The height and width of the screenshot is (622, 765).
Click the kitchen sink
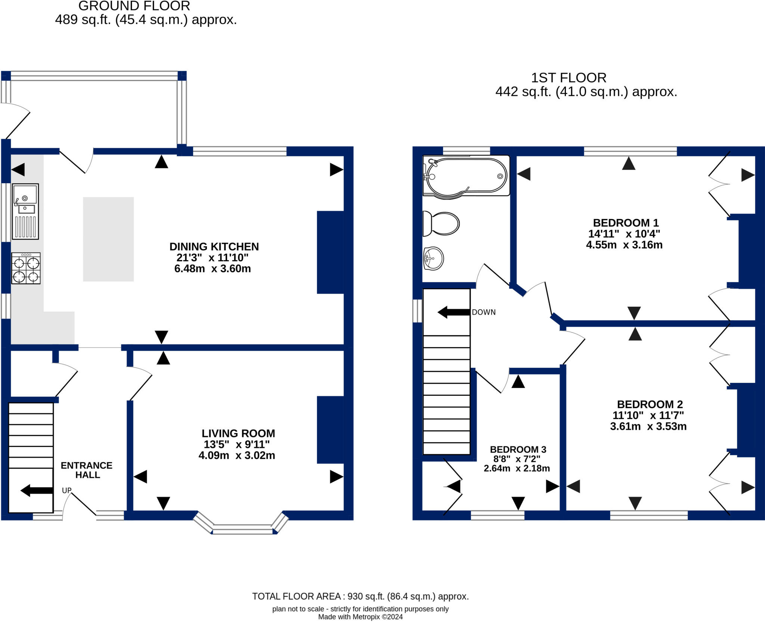point(25,211)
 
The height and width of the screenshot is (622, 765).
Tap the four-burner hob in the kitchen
point(26,268)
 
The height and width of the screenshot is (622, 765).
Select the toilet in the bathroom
point(441,224)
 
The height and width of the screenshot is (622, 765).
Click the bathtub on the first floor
point(466,176)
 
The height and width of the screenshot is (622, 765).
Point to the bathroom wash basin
point(433,258)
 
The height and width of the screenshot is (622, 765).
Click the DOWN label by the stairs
point(484,312)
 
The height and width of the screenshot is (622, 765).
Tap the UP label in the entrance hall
point(66,490)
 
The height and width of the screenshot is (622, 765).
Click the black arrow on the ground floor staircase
point(36,490)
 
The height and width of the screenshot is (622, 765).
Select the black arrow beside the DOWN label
point(453,312)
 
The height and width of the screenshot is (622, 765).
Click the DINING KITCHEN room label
point(214,247)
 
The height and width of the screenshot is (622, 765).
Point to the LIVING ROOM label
point(238,433)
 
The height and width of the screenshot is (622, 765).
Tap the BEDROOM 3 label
point(518,449)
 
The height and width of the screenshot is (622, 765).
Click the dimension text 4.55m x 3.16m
point(624,245)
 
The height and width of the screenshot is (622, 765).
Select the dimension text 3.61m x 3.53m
point(648,426)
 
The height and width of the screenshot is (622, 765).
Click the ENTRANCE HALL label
point(87,470)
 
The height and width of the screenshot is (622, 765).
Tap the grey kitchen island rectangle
point(108,239)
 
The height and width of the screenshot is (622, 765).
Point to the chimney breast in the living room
point(330,429)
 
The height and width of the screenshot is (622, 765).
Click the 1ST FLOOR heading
point(569,78)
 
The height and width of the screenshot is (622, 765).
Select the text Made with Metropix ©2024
point(360,617)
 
